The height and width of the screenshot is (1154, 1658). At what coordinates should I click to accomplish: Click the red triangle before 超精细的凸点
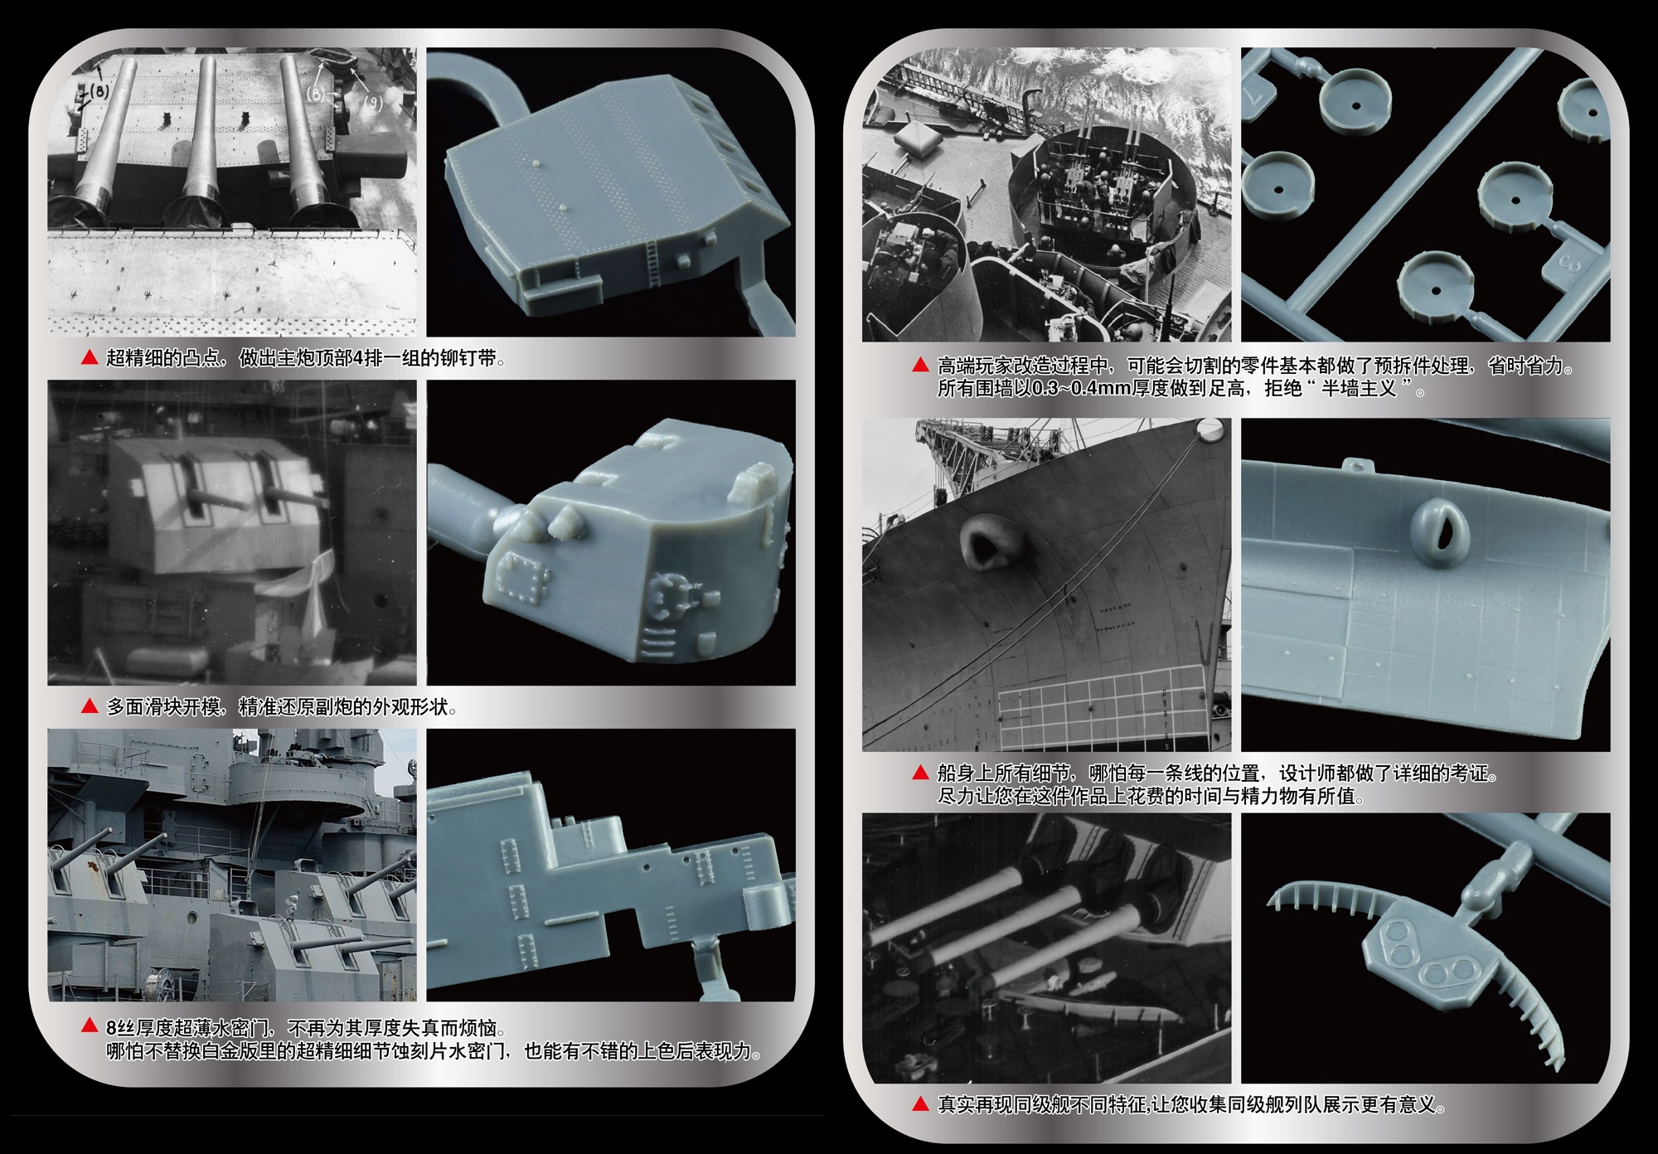(90, 358)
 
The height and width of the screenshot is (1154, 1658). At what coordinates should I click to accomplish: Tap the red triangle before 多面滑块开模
(90, 706)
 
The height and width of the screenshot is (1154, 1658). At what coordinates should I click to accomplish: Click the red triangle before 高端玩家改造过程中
(920, 366)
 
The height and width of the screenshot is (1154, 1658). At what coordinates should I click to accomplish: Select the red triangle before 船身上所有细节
(920, 773)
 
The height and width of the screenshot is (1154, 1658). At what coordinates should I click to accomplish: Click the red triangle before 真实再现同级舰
(920, 1104)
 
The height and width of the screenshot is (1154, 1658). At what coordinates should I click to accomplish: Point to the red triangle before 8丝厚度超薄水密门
(90, 1027)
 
